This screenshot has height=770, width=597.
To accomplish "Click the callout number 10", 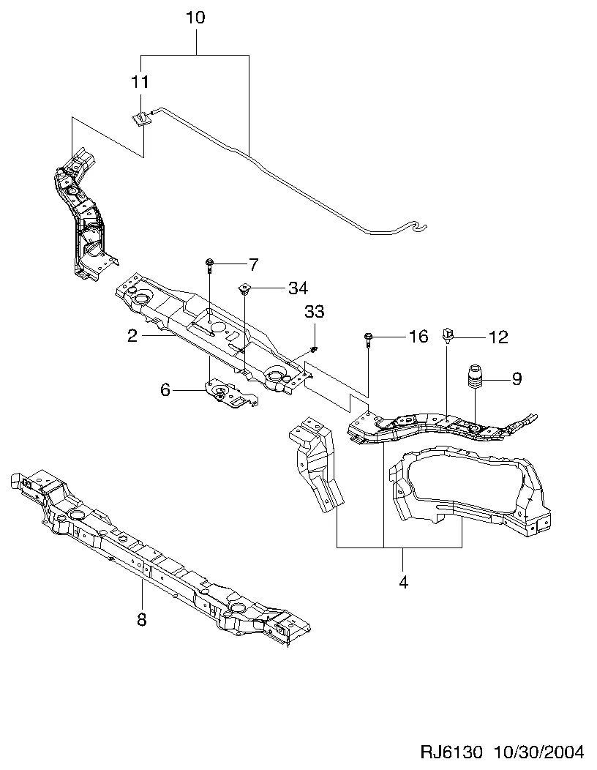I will click(x=195, y=17).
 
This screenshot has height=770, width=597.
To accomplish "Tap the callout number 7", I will click(x=254, y=263).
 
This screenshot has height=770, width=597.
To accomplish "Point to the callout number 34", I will click(x=298, y=288).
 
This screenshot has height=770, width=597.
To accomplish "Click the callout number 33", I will click(x=314, y=312).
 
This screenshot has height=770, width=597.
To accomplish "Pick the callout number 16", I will click(x=418, y=337).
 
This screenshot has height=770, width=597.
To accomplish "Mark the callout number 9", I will click(x=517, y=378).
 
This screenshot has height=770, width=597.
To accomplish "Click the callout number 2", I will click(x=132, y=336).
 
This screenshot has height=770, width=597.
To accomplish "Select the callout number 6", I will click(x=165, y=390).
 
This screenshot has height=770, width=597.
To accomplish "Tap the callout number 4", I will click(x=403, y=583).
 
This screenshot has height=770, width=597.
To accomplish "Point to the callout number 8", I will click(x=142, y=621).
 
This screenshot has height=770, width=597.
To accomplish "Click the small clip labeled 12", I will click(x=448, y=336).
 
